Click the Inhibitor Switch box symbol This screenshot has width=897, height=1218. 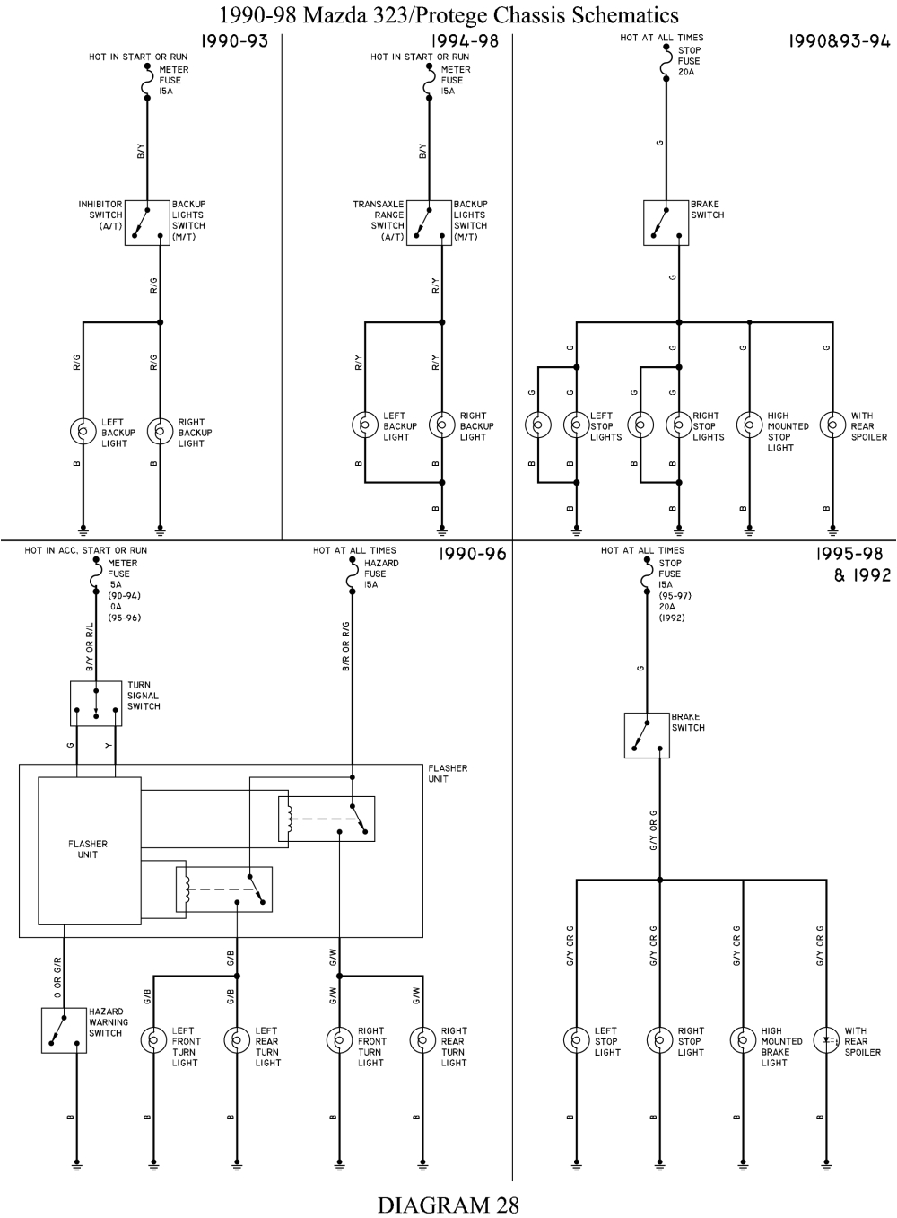click(147, 223)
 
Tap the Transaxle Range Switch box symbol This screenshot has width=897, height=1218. click(429, 223)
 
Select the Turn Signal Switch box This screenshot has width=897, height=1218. click(96, 703)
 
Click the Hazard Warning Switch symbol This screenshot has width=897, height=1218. click(64, 1030)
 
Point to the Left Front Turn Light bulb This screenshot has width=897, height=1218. click(153, 1040)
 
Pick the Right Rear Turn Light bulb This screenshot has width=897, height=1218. click(422, 1040)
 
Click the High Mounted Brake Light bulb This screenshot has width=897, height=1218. click(743, 1040)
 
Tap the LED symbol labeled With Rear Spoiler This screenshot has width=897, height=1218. click(826, 1040)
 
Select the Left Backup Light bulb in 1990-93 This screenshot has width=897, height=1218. click(83, 432)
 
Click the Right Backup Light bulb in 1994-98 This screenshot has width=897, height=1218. click(441, 424)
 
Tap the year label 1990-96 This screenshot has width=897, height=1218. click(472, 555)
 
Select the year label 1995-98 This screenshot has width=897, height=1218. click(852, 555)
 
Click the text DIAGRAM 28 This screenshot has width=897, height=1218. click(448, 1204)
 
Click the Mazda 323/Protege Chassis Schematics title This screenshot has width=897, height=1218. click(448, 14)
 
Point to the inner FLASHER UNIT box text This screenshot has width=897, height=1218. click(88, 849)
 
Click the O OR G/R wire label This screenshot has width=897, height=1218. click(57, 977)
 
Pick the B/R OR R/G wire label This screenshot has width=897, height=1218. click(345, 646)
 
